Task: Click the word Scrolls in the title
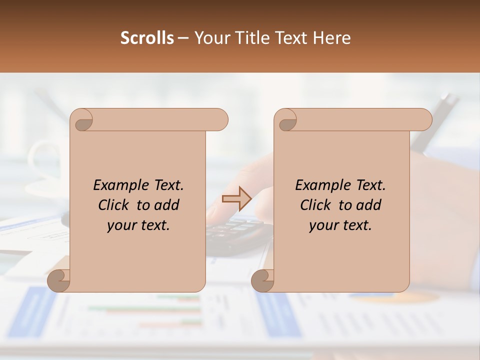coord(147,38)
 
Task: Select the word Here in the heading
coord(331,38)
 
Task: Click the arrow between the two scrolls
coord(236,199)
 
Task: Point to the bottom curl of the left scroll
coord(58,280)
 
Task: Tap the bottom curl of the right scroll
coord(262,280)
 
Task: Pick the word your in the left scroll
coord(121,225)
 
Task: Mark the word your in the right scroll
coord(323,225)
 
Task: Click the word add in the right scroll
coord(368,205)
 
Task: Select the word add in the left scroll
coord(166,205)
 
